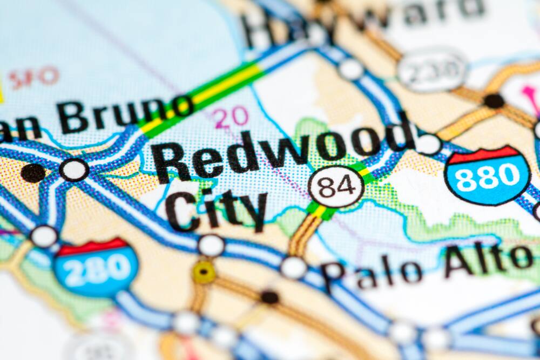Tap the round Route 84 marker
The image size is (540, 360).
click(x=336, y=187)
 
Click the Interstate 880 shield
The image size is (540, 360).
click(x=487, y=174)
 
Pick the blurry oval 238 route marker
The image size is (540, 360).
click(x=432, y=70)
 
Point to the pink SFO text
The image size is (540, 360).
click(x=33, y=77)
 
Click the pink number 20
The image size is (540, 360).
click(x=231, y=117)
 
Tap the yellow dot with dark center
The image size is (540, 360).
click(x=204, y=271)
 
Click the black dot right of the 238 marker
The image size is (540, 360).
click(x=494, y=101)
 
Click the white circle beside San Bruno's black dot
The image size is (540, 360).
click(x=73, y=170)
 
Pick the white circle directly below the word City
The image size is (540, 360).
click(x=211, y=246)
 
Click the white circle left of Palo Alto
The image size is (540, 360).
click(x=294, y=267)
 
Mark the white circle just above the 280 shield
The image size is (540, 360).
click(x=44, y=236)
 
